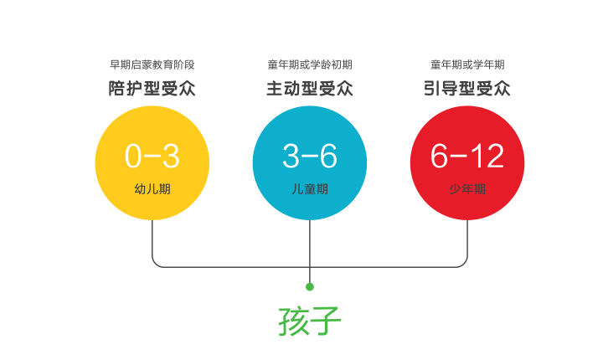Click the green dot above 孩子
pyautogui.click(x=310, y=287)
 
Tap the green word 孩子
pyautogui.click(x=310, y=321)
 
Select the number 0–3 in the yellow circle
pyautogui.click(x=152, y=156)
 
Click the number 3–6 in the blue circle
pyautogui.click(x=310, y=156)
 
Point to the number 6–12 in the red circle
pyautogui.click(x=466, y=156)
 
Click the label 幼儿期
pyautogui.click(x=152, y=189)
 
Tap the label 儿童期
pyautogui.click(x=310, y=189)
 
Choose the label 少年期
pyautogui.click(x=467, y=189)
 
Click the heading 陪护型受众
pyautogui.click(x=152, y=89)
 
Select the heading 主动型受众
pyautogui.click(x=310, y=89)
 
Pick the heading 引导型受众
pyautogui.click(x=466, y=89)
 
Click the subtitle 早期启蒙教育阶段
pyautogui.click(x=152, y=64)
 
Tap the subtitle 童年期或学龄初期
pyautogui.click(x=310, y=64)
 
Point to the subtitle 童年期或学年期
pyautogui.click(x=467, y=64)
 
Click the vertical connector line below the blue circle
pyautogui.click(x=310, y=251)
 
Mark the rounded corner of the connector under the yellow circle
pyautogui.click(x=155, y=264)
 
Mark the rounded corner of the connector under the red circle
pyautogui.click(x=465, y=264)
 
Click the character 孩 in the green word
pyautogui.click(x=294, y=321)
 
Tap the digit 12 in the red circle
pyautogui.click(x=487, y=156)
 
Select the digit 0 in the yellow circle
pyautogui.click(x=133, y=156)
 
